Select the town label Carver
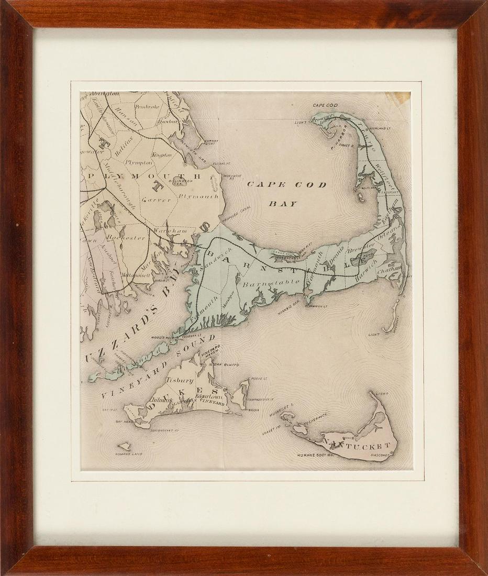pos(153,200)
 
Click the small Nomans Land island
pos(124,447)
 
